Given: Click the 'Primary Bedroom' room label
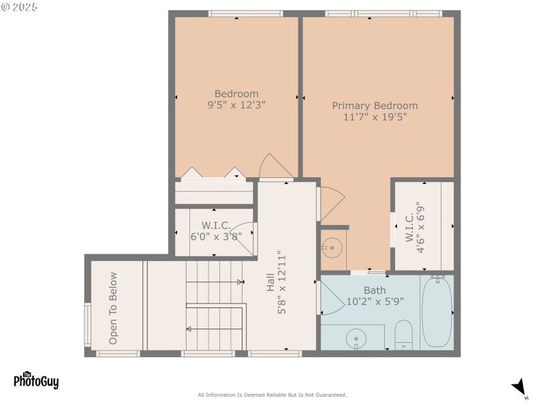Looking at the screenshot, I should tap(375, 106).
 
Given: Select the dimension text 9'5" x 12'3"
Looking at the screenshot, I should tap(236, 105).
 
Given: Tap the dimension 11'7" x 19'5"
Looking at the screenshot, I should tap(375, 117).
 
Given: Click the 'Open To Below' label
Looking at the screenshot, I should tap(113, 308).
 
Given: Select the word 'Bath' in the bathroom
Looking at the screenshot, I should tap(374, 290).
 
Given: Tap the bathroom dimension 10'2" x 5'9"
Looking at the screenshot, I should tap(374, 301).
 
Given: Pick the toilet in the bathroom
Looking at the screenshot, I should tap(403, 334).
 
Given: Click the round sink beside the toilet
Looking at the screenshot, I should tap(356, 337).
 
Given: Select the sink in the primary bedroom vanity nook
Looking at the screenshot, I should tap(332, 247).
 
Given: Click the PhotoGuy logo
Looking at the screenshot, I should tap(36, 380).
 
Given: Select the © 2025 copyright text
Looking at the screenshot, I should tap(20, 7).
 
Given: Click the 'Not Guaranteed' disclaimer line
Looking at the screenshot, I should tap(272, 395).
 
